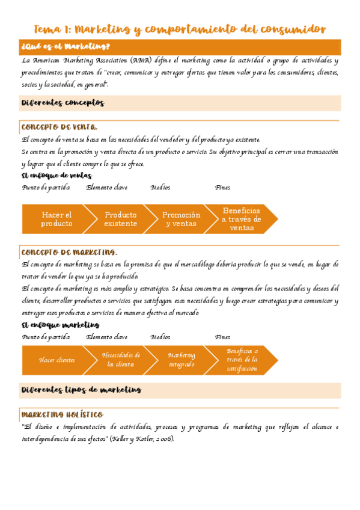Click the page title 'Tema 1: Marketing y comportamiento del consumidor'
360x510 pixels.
click(180, 29)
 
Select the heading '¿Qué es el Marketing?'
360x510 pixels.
click(66, 47)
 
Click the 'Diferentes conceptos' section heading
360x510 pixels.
click(63, 103)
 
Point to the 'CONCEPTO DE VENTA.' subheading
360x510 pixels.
click(59, 127)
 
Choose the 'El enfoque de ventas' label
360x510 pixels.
click(56, 176)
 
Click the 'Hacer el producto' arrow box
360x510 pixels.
click(56, 219)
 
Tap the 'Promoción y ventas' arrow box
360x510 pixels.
click(181, 219)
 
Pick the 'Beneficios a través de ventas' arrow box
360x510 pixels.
click(241, 219)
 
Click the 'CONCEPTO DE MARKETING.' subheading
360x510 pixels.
click(69, 252)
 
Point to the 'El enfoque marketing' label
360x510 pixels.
click(60, 325)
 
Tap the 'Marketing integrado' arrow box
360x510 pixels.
click(181, 360)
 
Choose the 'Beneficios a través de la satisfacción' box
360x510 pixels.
click(242, 360)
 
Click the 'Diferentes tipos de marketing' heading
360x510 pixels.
click(81, 390)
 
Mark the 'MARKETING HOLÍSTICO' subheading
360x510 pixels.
click(62, 415)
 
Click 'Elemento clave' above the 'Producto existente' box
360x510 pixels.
click(106, 188)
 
